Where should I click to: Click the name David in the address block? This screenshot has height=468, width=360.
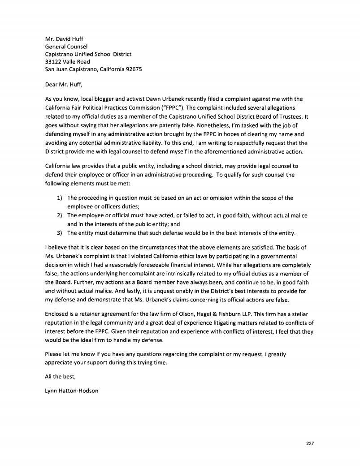click(x=65, y=39)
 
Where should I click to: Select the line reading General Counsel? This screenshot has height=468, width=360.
click(x=66, y=46)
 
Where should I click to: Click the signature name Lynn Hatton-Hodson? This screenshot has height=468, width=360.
click(x=72, y=390)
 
